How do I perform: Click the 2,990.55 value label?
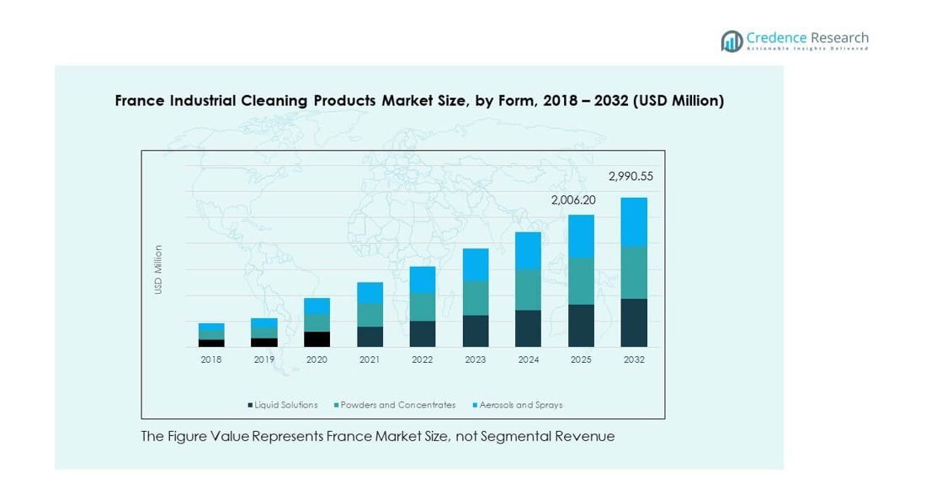[x=630, y=177]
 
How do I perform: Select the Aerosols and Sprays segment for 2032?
[x=634, y=221]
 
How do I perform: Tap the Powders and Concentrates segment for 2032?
[x=634, y=272]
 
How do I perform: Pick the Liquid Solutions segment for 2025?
[x=581, y=325]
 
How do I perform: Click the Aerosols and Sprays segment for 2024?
[x=528, y=250]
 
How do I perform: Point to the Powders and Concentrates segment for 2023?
[x=476, y=298]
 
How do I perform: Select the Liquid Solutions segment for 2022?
[x=423, y=333]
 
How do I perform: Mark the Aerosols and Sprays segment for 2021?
[x=370, y=292]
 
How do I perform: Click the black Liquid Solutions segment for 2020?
[x=317, y=339]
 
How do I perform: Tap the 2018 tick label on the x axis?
[x=211, y=359]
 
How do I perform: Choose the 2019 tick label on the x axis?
[x=264, y=359]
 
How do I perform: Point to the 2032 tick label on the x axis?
[x=634, y=359]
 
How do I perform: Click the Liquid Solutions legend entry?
[x=283, y=405]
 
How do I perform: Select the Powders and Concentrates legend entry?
[x=395, y=405]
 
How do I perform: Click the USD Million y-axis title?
[x=157, y=269]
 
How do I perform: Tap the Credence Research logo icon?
[x=732, y=40]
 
